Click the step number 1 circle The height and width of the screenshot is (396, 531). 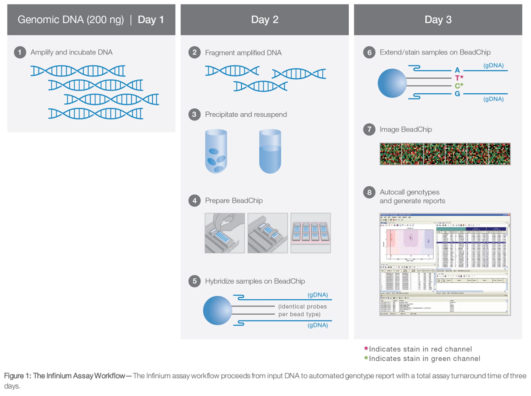click(20, 52)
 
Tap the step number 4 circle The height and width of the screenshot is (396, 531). click(194, 201)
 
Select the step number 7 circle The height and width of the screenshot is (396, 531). click(369, 129)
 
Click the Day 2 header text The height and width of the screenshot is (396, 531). click(264, 20)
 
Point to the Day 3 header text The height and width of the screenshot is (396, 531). click(438, 20)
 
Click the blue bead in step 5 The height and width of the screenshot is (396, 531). click(217, 310)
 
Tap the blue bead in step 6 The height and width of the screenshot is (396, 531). click(392, 83)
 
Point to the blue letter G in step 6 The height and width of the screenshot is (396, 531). click(457, 94)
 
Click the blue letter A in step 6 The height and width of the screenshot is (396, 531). click(457, 70)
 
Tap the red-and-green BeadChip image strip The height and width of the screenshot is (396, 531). click(445, 154)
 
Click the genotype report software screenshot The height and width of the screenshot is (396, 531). click(445, 265)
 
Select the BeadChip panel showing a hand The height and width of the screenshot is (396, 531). click(225, 233)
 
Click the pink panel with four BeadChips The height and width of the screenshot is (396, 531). click(311, 233)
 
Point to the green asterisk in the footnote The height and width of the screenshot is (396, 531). click(366, 358)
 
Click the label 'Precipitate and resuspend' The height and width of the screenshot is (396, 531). click(246, 114)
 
